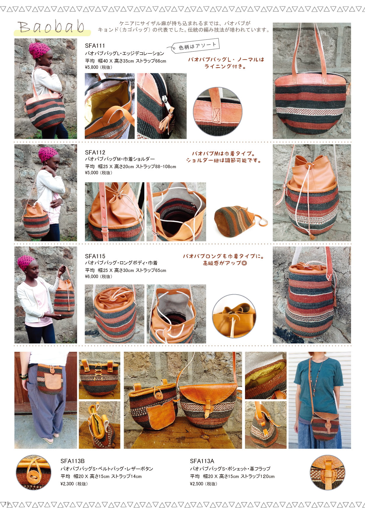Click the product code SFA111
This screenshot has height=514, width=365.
95,46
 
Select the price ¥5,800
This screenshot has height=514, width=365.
91,67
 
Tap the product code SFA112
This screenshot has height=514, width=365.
95,152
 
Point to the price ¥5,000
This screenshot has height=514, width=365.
91,173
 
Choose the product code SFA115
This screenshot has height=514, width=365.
95,256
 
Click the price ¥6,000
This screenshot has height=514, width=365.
91,276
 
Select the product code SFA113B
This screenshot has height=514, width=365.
72,461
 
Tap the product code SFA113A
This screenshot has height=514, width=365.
202,461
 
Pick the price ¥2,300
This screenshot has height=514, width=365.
67,484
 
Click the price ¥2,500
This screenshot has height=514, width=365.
197,484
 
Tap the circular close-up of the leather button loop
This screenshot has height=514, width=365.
34,473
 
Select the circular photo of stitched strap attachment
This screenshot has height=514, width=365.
218,112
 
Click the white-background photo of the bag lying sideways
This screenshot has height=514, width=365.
241,221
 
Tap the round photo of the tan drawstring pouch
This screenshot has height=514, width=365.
234,316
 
